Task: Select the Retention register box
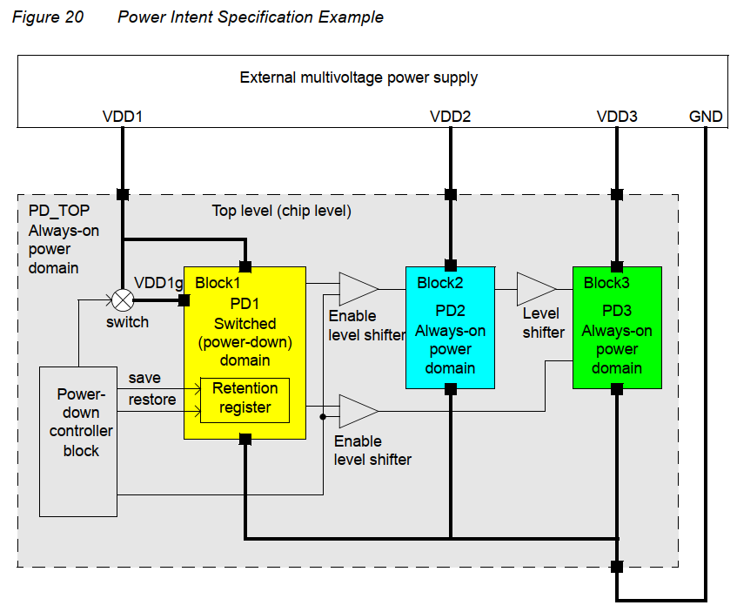coord(245,399)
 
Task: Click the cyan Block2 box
coord(450,327)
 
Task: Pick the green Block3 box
coord(617,327)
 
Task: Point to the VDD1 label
coord(123,116)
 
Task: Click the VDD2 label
coord(450,116)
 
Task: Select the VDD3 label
coord(617,116)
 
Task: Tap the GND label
coord(706,116)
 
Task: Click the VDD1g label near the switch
coord(157,283)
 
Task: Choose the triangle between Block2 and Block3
coord(534,288)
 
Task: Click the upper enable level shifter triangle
coord(357,288)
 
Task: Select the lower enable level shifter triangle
coord(357,410)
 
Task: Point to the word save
coord(144,378)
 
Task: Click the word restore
coord(152,400)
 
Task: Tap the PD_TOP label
coord(59,212)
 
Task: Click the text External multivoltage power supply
coord(358,77)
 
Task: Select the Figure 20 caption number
coord(48,17)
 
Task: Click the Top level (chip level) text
coord(281,212)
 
